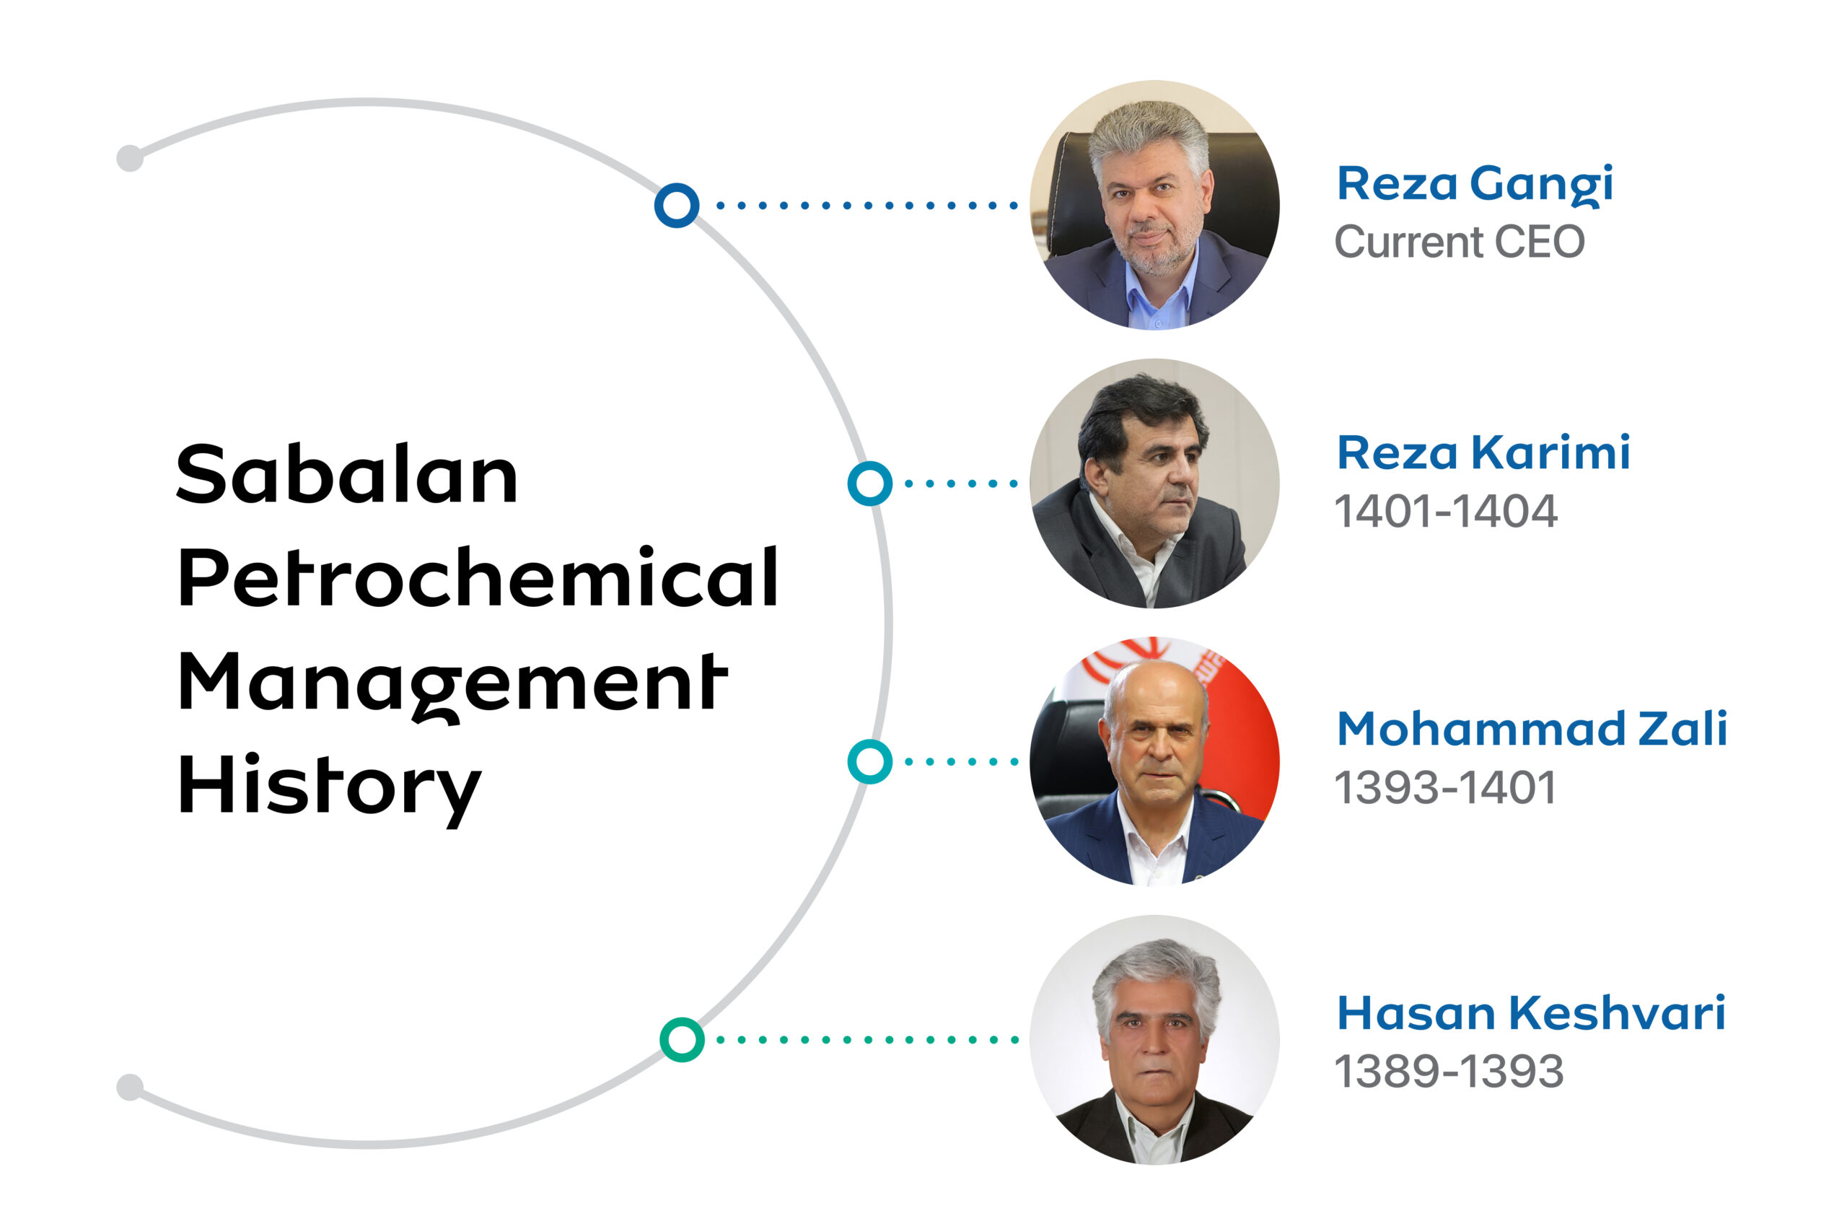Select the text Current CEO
point(1458,242)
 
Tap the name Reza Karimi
point(1482,453)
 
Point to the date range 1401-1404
point(1445,511)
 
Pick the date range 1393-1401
point(1444,788)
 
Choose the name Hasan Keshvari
point(1530,1013)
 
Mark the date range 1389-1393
point(1448,1072)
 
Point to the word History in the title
point(329,790)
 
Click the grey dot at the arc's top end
point(130,157)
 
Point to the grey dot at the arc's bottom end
point(130,1087)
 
